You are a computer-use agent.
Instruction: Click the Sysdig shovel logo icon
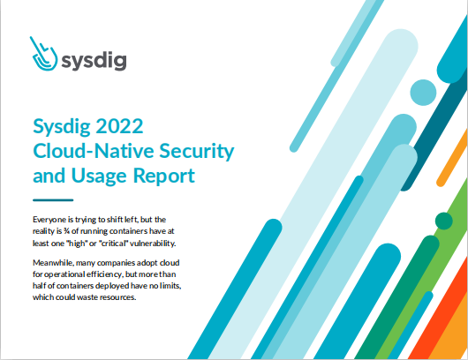pos(44,56)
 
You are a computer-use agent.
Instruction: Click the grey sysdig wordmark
pos(94,61)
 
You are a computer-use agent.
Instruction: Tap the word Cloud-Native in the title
pos(94,151)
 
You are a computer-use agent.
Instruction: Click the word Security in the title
pos(196,152)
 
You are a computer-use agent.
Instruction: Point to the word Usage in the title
pos(100,176)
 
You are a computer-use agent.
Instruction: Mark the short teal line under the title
pos(53,200)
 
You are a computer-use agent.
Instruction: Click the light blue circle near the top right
pos(423,93)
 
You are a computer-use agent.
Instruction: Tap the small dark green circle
pos(444,221)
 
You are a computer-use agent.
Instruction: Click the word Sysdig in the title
pos(62,127)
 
